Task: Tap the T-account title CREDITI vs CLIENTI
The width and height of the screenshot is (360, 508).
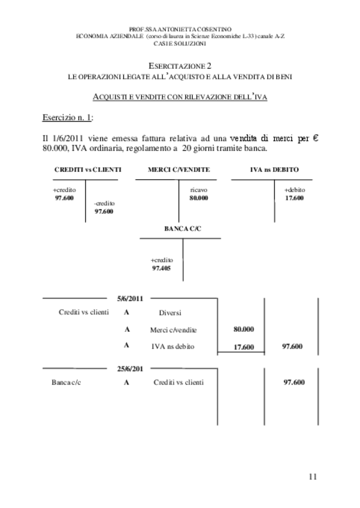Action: tap(87, 170)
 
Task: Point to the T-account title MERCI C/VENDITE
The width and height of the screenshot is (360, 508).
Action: tap(179, 170)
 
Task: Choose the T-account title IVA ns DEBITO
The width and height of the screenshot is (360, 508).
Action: tap(274, 170)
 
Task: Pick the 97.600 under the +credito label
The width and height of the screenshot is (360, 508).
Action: tap(64, 198)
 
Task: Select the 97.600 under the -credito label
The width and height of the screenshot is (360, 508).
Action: tap(104, 211)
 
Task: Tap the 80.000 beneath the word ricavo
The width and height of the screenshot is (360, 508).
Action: tap(199, 198)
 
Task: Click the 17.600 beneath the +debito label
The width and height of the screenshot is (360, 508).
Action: tap(294, 198)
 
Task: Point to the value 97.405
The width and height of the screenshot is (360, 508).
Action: tap(162, 268)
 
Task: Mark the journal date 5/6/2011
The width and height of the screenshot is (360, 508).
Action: tap(130, 298)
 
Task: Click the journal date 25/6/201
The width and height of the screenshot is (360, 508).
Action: tap(130, 368)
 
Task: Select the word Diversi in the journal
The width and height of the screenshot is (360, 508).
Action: tap(170, 313)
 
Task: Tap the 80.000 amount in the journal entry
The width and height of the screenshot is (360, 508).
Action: tap(243, 329)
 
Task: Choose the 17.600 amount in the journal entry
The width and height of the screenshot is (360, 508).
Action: tap(243, 347)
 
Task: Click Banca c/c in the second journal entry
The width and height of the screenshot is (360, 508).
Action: tap(66, 383)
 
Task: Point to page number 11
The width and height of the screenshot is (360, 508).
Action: tap(313, 477)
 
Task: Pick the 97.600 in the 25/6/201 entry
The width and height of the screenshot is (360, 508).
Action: tap(294, 383)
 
